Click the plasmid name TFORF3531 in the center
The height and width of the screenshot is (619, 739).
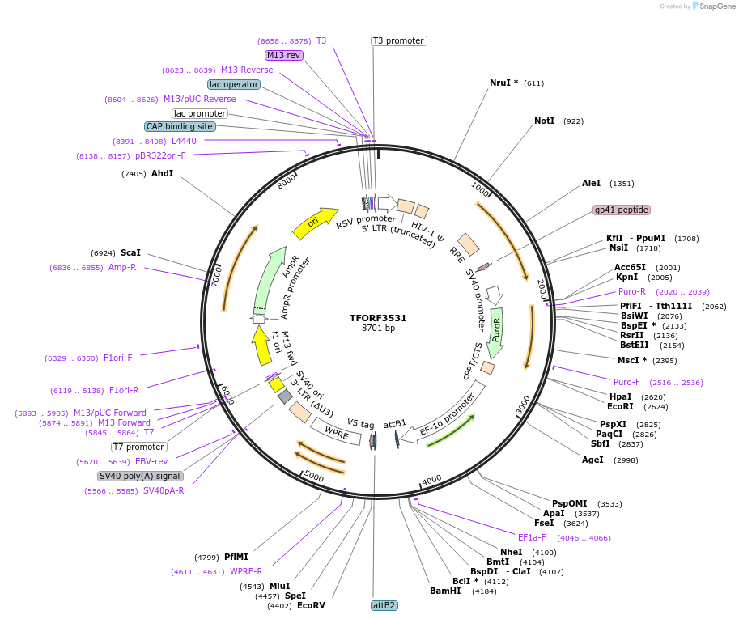pos(378,318)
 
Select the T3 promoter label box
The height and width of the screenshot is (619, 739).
pos(398,40)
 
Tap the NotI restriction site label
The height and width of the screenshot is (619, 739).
pos(544,121)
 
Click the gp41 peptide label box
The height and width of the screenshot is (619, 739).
pos(622,210)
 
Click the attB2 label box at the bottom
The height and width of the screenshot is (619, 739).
pos(384,605)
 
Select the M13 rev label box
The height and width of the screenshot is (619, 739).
pos(283,55)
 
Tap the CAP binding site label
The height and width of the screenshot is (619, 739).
pos(180,126)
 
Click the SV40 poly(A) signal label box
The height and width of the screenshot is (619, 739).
pos(140,476)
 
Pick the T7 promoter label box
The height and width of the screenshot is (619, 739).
pos(138,447)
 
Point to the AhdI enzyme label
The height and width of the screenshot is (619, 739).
pos(162,173)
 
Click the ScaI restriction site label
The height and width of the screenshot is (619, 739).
pos(130,252)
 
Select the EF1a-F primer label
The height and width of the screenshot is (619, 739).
pos(532,537)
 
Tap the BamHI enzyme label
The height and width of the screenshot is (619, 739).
pos(445,591)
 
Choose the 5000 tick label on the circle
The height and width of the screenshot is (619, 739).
pos(313,477)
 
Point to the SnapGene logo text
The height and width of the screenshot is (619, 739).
pos(712,6)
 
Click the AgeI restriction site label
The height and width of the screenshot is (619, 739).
pos(592,460)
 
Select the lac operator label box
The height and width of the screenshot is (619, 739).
pos(234,84)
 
